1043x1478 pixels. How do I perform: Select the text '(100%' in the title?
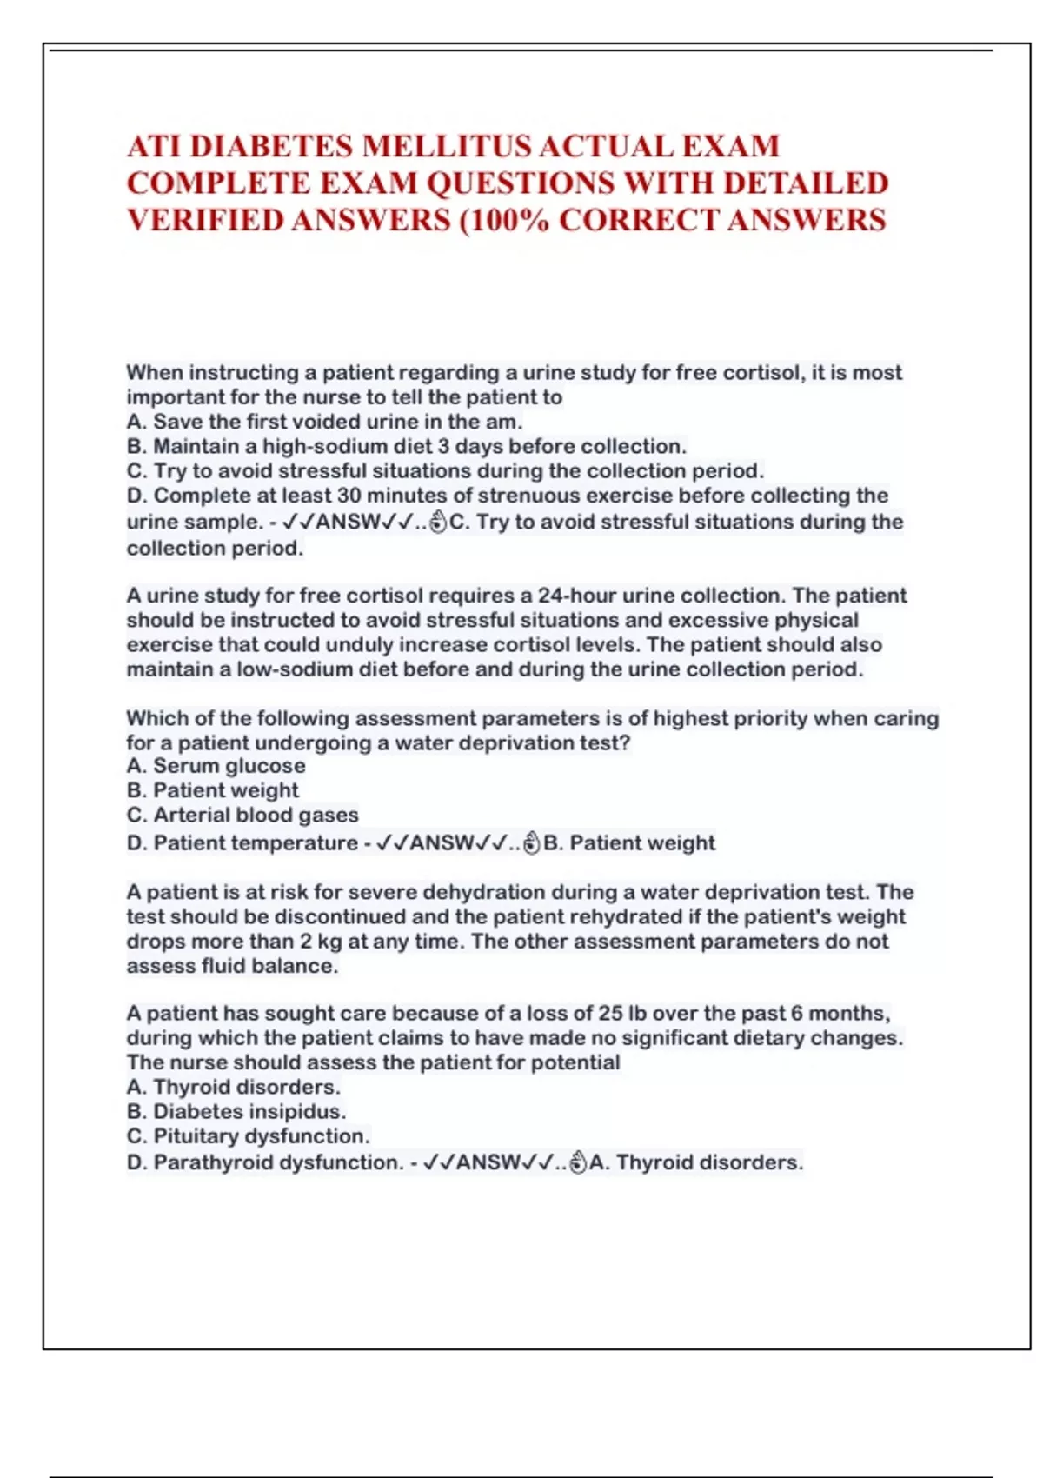pyautogui.click(x=503, y=220)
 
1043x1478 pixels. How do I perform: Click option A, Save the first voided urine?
pyautogui.click(x=324, y=423)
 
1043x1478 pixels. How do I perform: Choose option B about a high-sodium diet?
pyautogui.click(x=406, y=447)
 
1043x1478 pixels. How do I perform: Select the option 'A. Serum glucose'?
pyautogui.click(x=216, y=766)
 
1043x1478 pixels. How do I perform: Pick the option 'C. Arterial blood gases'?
pyautogui.click(x=242, y=816)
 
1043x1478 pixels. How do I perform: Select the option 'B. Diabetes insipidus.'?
pyautogui.click(x=236, y=1112)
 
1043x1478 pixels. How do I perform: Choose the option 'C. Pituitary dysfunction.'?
pyautogui.click(x=248, y=1136)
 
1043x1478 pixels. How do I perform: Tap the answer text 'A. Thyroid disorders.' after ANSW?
pyautogui.click(x=696, y=1163)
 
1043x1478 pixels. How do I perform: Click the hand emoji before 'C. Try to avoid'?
pyautogui.click(x=438, y=523)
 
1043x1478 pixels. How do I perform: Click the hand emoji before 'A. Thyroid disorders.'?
pyautogui.click(x=578, y=1163)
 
